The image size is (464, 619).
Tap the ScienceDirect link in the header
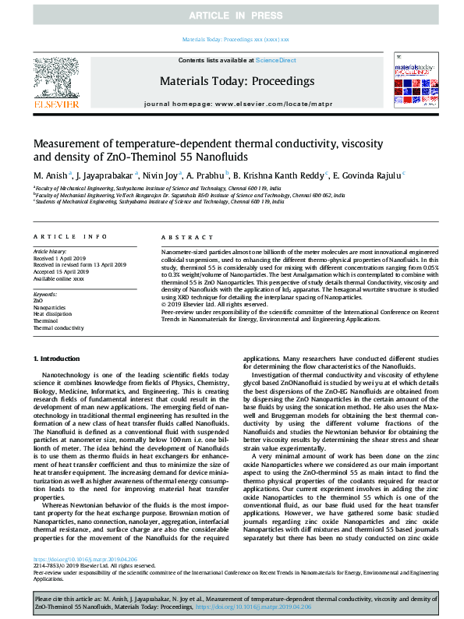tap(275, 60)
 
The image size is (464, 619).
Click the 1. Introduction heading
tap(60, 358)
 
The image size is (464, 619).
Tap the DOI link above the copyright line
tap(75, 560)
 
